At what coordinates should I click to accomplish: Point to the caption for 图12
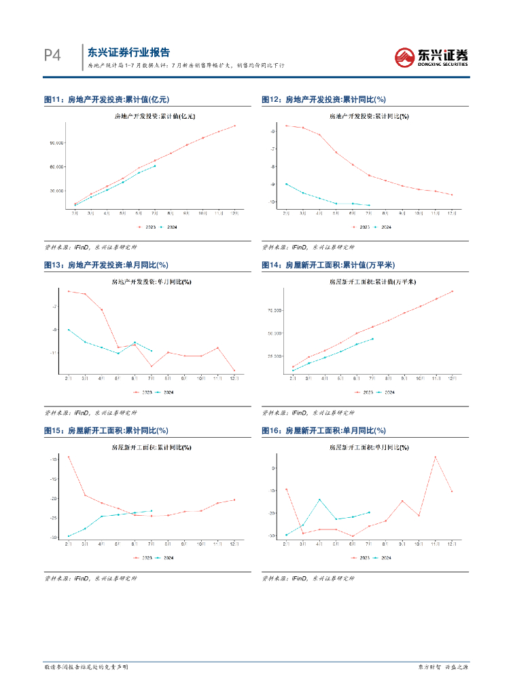click(323, 100)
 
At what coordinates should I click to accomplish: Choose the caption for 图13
click(106, 265)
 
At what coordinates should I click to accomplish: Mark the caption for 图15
click(106, 430)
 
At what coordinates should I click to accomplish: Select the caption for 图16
click(323, 430)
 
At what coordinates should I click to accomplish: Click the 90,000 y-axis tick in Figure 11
click(56, 143)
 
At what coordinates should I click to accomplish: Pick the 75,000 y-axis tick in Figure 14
click(274, 310)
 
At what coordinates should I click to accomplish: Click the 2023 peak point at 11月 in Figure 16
click(436, 457)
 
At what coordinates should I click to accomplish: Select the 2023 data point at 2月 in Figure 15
click(69, 457)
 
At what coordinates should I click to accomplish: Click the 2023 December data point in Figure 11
click(234, 126)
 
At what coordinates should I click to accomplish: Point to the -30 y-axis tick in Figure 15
click(54, 537)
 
